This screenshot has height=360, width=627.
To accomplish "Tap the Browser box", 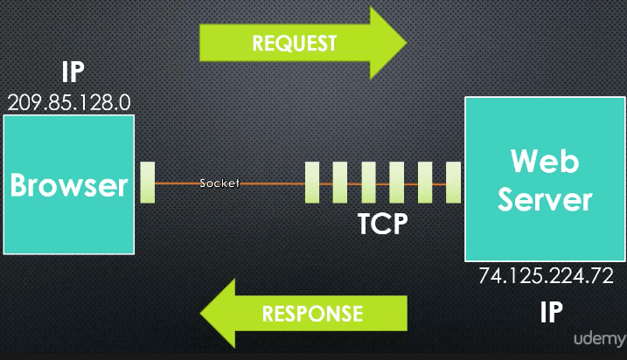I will (x=69, y=183).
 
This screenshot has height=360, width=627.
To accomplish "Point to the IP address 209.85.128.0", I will (x=69, y=101).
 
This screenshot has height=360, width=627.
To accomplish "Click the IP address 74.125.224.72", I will (x=546, y=276).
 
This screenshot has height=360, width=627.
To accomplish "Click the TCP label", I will (x=383, y=224).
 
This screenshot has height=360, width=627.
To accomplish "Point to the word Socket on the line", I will (x=219, y=183).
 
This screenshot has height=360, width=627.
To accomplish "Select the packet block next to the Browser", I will (x=147, y=183).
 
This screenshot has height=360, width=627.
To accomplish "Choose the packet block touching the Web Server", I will (x=453, y=183).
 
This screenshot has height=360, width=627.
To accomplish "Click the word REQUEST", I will (x=294, y=43).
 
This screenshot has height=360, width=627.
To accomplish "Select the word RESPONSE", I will (x=312, y=313).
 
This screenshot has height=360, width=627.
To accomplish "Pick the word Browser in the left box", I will (x=69, y=185).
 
